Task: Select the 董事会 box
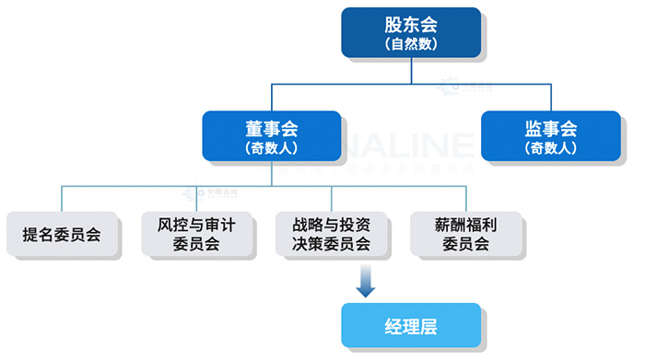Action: pyautogui.click(x=271, y=136)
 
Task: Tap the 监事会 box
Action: pyautogui.click(x=550, y=136)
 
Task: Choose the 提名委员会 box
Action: pyautogui.click(x=62, y=235)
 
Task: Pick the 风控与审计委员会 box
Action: pyautogui.click(x=195, y=235)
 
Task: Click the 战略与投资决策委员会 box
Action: pyautogui.click(x=330, y=235)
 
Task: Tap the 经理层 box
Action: pyautogui.click(x=411, y=325)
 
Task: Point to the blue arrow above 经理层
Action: pyautogui.click(x=366, y=282)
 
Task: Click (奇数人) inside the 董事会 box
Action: pyautogui.click(x=271, y=147)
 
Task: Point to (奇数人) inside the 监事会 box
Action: pyautogui.click(x=550, y=147)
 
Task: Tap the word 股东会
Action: pyautogui.click(x=411, y=22)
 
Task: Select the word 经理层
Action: pyautogui.click(x=411, y=325)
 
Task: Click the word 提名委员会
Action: pyautogui.click(x=62, y=235)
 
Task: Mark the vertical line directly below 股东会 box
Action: pyautogui.click(x=411, y=70)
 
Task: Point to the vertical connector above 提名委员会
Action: pyautogui.click(x=62, y=198)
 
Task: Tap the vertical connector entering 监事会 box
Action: pyautogui.click(x=550, y=98)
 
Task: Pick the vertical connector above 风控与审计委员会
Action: pyautogui.click(x=195, y=198)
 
